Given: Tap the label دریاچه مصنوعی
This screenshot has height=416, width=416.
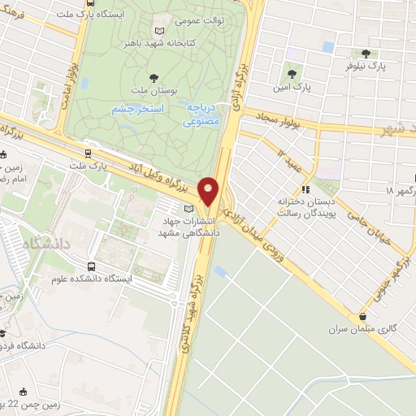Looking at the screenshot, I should coord(199,115).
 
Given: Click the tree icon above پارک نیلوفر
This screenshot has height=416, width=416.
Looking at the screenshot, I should coord(366,53).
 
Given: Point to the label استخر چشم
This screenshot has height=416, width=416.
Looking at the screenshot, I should coord(137,108).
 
